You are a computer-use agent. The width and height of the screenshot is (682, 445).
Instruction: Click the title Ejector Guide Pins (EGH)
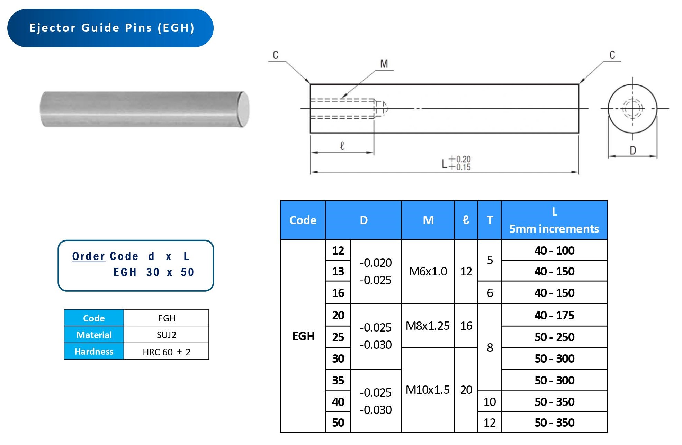pos(111,28)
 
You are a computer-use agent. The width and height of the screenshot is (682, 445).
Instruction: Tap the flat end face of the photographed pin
pos(244,109)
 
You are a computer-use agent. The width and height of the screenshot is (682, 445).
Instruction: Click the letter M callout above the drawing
pos(384,64)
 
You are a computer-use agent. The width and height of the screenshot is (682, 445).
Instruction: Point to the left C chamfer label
pos(276,55)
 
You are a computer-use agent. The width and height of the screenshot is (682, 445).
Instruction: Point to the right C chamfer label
pos(612,55)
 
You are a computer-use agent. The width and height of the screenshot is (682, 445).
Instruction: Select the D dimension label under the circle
pos(632,151)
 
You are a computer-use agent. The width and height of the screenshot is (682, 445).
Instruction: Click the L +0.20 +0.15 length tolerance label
pos(456,163)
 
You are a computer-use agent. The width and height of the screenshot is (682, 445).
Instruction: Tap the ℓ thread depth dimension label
pos(342,146)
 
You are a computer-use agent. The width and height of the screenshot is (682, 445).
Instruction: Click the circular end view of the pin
pos(632,108)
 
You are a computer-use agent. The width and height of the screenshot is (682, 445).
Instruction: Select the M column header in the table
pos(428,220)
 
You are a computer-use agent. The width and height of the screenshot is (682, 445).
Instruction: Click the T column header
pos(490,220)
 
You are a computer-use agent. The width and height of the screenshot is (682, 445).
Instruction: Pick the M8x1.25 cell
pos(428,326)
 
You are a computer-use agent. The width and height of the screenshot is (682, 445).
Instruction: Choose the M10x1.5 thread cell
pos(428,390)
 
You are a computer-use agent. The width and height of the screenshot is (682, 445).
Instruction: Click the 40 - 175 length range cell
pos(554,315)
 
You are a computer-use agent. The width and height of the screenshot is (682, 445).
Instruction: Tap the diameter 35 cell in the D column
pos(338,380)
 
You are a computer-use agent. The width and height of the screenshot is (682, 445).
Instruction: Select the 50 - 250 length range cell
pos(554,337)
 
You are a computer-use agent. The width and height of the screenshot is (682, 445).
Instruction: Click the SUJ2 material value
pos(167,335)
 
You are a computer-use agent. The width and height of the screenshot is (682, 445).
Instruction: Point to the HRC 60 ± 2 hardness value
pos(167,352)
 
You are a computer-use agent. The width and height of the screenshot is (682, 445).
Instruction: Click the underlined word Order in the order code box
pos(88,256)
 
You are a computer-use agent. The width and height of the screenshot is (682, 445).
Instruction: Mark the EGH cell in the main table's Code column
pos(303,336)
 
